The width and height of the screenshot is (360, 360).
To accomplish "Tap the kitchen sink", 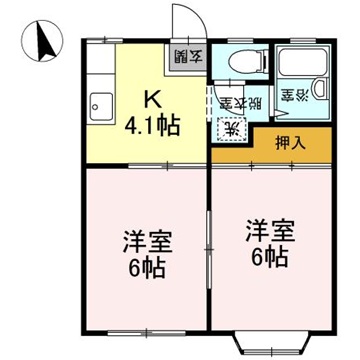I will pos(102,103).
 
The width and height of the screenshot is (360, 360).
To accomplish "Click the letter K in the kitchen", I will pos(155,98).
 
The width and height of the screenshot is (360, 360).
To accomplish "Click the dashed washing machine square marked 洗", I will pos(230,128).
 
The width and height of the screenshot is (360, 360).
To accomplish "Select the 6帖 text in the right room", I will pos(268,257).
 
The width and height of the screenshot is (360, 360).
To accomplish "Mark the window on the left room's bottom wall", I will pos(145,330).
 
